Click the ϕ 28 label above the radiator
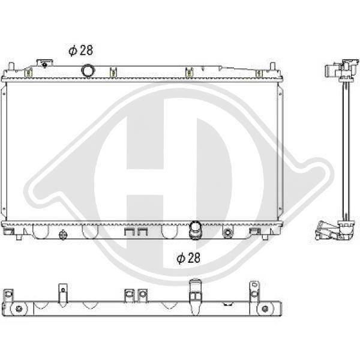(x=81, y=50)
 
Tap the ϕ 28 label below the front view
(x=188, y=258)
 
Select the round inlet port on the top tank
(x=88, y=71)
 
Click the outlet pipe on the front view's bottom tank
(x=194, y=230)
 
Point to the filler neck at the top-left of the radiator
(x=44, y=63)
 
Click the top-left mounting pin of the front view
(x=11, y=67)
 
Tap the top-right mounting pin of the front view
(x=272, y=66)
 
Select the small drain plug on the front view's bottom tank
(x=63, y=235)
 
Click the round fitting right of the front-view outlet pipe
(x=227, y=232)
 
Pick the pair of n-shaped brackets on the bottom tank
(x=136, y=232)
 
